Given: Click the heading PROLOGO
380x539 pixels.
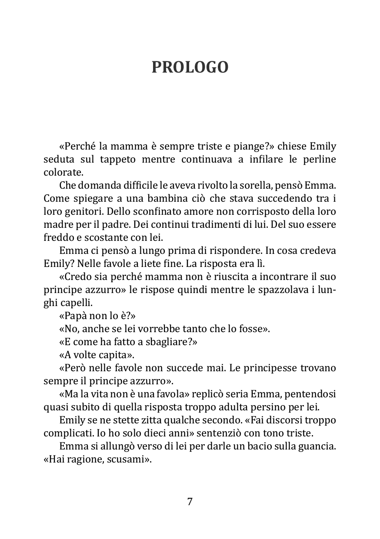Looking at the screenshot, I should (x=190, y=67).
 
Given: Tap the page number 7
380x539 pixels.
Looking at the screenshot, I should (x=190, y=502).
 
